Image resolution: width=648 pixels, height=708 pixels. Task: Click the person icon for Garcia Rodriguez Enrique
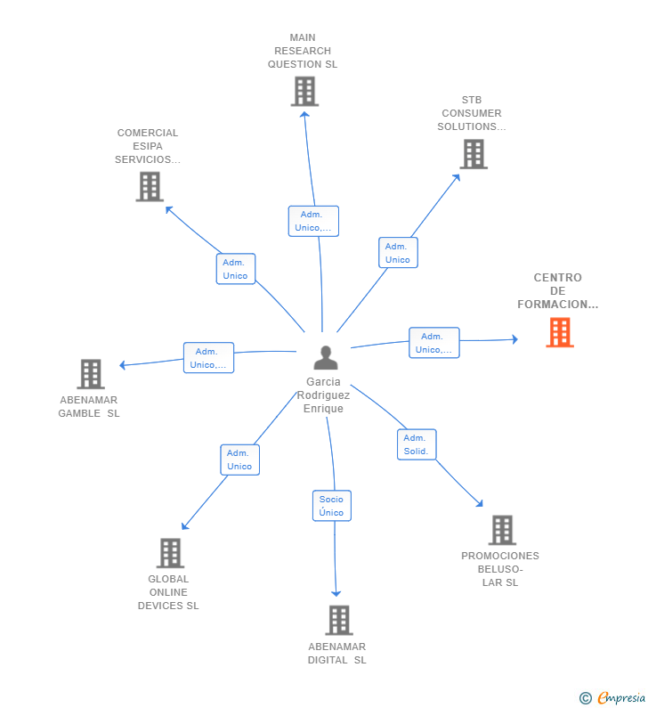326,358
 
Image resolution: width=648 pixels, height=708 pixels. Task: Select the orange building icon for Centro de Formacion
560,332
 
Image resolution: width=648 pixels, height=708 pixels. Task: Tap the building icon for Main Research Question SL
304,92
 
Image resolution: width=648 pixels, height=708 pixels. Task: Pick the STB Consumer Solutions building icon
474,154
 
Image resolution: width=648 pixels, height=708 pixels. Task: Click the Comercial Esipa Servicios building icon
150,186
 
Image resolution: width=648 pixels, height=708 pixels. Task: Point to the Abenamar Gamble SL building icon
91,374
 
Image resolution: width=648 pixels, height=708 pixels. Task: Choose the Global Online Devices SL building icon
171,553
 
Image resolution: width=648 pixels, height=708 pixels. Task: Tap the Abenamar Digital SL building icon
339,620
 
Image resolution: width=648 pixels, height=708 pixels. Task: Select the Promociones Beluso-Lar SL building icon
502,530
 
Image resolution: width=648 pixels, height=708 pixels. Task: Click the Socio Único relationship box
332,506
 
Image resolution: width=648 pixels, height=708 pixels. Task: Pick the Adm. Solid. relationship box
417,444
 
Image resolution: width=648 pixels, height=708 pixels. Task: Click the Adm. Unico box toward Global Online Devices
239,460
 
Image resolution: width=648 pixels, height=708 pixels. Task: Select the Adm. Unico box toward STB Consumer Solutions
398,252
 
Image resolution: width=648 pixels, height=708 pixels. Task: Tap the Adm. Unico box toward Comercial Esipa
236,269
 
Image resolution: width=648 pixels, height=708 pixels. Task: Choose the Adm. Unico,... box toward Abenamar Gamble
208,358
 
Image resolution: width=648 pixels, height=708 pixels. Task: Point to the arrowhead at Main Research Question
305,115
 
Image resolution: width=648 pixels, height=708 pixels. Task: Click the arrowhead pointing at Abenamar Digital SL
336,593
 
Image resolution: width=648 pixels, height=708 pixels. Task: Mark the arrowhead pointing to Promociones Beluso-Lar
479,503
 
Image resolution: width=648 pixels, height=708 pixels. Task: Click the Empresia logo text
621,697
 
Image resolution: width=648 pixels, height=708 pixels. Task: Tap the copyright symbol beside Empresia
586,698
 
